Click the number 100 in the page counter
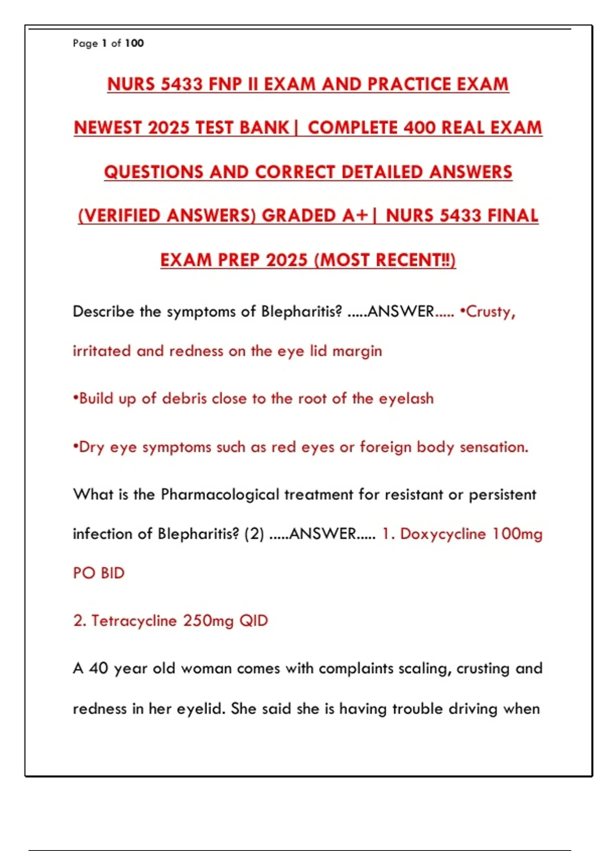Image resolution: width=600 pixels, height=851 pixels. (134, 44)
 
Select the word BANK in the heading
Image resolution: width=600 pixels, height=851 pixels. (264, 128)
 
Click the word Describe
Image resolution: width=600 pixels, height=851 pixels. (103, 311)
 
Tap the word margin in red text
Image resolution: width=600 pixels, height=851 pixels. (357, 351)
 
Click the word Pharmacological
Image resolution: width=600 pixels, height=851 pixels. (220, 495)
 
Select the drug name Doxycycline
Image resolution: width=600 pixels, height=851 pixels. (442, 534)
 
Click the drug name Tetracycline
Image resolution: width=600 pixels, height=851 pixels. (134, 621)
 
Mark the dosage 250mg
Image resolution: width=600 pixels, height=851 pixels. (208, 621)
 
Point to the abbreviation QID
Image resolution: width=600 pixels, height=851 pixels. (253, 621)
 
